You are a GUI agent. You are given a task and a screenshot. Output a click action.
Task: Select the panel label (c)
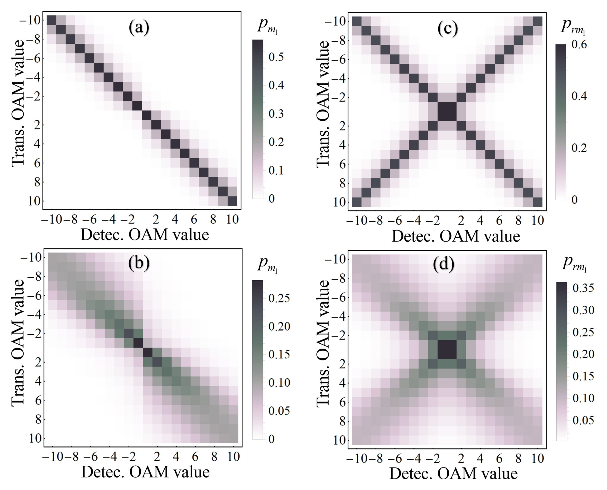tap(448, 28)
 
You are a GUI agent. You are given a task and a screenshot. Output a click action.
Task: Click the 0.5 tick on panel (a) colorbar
tap(276, 57)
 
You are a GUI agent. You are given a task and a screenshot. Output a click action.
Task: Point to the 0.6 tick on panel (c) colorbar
tap(579, 45)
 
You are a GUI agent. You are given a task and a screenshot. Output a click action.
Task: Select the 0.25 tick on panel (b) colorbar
tap(279, 298)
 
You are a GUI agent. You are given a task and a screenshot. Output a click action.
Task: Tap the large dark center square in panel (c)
tap(447, 112)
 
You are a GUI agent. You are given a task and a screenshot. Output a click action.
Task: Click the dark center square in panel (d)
tap(447, 349)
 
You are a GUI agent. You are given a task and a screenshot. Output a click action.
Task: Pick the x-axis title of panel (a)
tap(145, 235)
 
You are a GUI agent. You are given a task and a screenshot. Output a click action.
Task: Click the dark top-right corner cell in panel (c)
tap(537, 21)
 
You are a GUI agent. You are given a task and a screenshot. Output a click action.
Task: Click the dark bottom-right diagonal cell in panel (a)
tap(232, 201)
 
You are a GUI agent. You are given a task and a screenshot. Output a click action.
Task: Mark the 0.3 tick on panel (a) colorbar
tap(276, 114)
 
